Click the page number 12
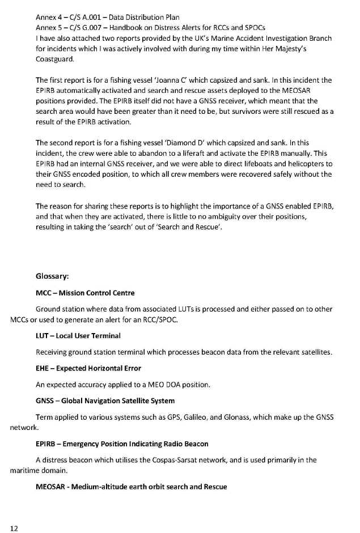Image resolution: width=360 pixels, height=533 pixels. [x=14, y=528]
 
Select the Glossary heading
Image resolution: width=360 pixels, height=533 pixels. [x=52, y=277]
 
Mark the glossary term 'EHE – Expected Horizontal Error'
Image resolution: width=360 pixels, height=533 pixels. [x=88, y=369]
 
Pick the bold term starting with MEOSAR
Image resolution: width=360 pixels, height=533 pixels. [x=131, y=487]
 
